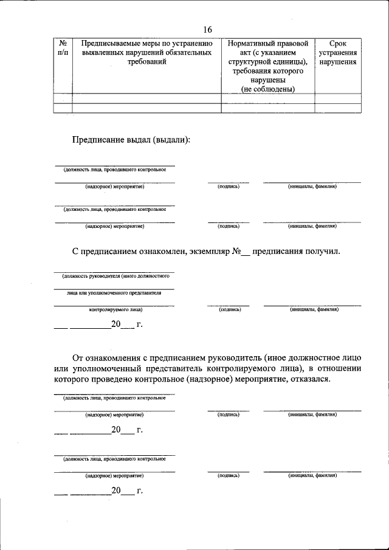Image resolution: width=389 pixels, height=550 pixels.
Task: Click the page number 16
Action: point(208,30)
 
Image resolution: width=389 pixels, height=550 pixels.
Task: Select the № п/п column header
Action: point(63,49)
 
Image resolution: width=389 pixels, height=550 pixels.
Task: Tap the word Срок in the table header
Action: point(337,44)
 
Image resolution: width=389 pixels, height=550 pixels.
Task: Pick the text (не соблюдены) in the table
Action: point(267,89)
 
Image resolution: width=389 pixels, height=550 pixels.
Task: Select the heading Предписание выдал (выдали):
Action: point(131,139)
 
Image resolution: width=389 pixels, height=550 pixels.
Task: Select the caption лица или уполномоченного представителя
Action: point(114,292)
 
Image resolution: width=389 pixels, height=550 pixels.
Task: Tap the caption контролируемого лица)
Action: point(115,309)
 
